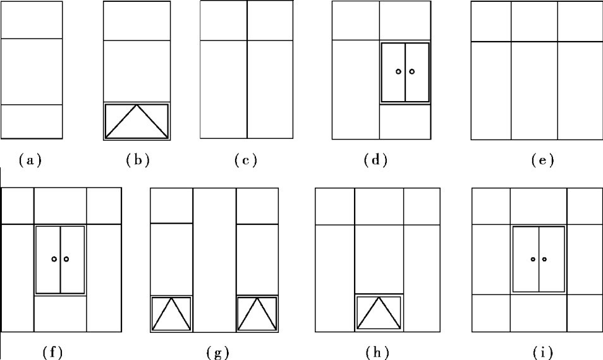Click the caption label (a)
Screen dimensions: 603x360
[31, 160]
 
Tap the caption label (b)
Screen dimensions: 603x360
[137, 160]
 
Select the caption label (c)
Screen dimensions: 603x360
[246, 160]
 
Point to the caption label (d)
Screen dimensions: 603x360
[375, 160]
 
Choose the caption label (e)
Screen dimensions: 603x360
[542, 160]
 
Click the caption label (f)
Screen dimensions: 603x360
[52, 352]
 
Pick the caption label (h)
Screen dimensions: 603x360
[377, 352]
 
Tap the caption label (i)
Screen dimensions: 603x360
[542, 352]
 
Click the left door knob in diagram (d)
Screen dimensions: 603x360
[398, 71]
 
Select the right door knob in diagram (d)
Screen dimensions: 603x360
[412, 71]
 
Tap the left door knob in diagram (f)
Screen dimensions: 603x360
[54, 259]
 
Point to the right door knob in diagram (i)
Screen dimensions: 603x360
[544, 259]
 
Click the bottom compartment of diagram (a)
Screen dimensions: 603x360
[32, 121]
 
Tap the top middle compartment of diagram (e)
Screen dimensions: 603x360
[534, 21]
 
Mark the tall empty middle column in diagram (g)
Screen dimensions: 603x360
[214, 259]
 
